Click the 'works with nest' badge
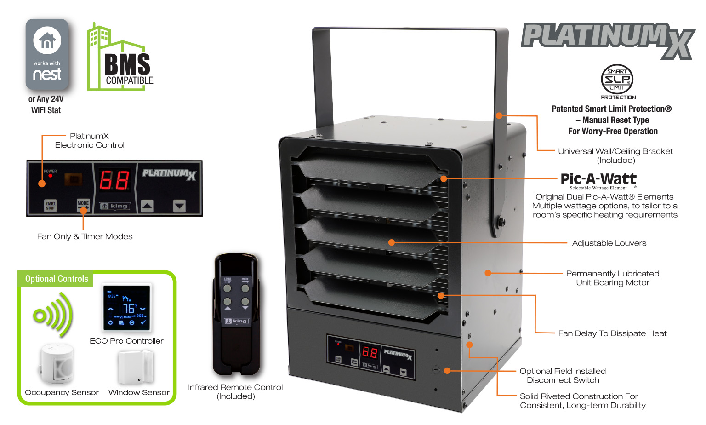coord(47,54)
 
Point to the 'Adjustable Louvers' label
coord(609,243)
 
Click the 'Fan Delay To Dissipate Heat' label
coord(612,333)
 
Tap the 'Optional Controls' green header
coord(57,279)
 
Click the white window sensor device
coord(136,367)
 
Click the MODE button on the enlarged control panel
coord(83,205)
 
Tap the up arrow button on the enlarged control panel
coord(147,206)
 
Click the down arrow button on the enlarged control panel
coord(179,206)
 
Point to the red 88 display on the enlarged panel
coord(114,180)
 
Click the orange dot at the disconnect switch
coord(447,371)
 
